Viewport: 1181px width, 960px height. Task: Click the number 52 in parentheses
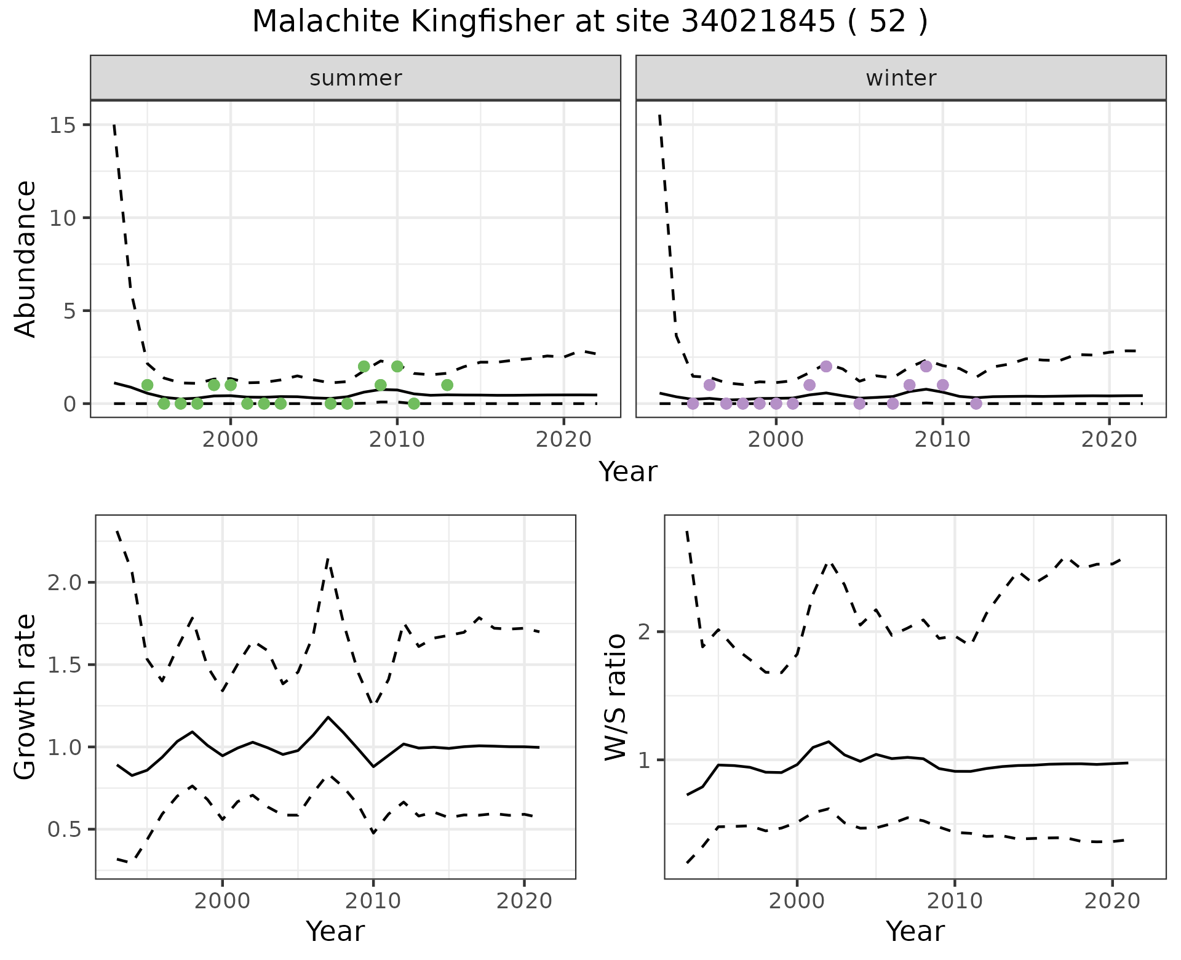click(x=888, y=22)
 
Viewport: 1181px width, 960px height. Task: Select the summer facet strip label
click(x=356, y=78)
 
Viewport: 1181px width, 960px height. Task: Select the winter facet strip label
click(x=901, y=78)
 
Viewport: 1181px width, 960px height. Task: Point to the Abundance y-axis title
click(x=26, y=259)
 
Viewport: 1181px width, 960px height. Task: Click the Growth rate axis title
click(x=26, y=697)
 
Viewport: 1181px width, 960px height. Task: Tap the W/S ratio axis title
click(x=616, y=697)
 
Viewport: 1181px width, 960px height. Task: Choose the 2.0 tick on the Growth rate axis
click(x=65, y=582)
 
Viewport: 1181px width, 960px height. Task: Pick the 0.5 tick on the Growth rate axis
click(x=65, y=830)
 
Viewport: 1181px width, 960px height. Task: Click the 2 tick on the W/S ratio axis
click(x=645, y=632)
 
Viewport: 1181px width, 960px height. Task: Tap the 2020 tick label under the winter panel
click(x=1109, y=440)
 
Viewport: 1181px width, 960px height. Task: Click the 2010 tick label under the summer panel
click(x=397, y=440)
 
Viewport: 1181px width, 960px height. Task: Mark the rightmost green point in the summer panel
click(x=447, y=385)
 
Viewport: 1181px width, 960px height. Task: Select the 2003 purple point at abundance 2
click(x=826, y=366)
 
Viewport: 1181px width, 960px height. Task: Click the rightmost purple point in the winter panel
click(x=976, y=404)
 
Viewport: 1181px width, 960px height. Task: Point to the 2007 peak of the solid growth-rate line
click(x=328, y=717)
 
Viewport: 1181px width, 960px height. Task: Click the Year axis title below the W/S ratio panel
click(x=915, y=931)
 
